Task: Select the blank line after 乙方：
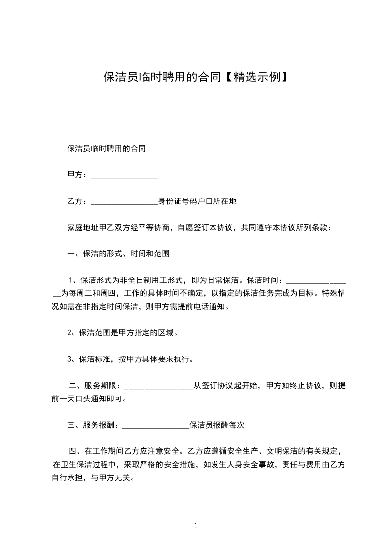coord(124,202)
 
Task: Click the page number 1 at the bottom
coord(196,525)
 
